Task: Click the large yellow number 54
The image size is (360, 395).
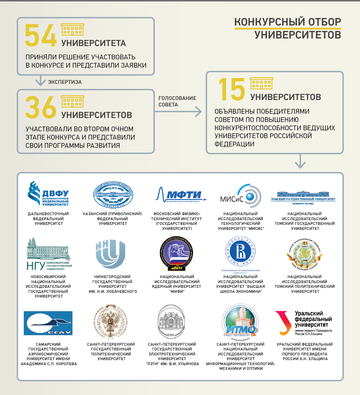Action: coord(40,35)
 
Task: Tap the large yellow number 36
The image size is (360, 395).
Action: coord(40,107)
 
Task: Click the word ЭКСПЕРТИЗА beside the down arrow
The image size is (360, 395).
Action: coord(65,82)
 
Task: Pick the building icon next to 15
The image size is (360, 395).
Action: coord(261,83)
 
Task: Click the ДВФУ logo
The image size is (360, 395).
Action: coord(48,195)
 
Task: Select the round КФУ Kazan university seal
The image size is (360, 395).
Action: coord(113,195)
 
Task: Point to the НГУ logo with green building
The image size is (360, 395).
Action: coord(48,254)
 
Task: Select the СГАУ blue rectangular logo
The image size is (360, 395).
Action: coord(48,323)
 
